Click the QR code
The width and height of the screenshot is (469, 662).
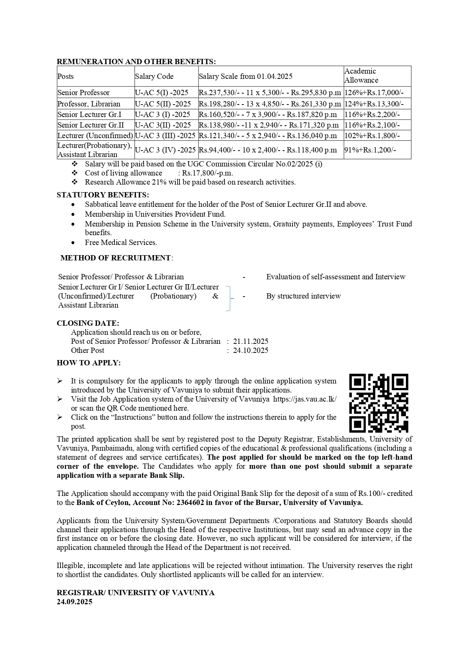tap(379, 403)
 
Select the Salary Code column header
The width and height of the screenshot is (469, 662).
tap(154, 77)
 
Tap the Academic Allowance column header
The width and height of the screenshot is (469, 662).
tap(361, 76)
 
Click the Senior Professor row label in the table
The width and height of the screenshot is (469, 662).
tap(84, 93)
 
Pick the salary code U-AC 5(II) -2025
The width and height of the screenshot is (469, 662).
tap(163, 104)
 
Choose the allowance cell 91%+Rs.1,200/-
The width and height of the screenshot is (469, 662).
tap(370, 150)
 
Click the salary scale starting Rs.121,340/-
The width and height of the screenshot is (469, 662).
tap(268, 136)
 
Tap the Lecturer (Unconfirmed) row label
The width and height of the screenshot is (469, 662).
tap(95, 136)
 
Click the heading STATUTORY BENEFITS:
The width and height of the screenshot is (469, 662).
tap(103, 195)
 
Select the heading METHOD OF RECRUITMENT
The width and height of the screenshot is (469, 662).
tap(116, 258)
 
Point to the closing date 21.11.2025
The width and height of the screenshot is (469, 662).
tap(251, 342)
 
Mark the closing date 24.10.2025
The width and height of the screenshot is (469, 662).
tap(251, 351)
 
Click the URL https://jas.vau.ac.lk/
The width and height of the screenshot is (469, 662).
tap(305, 399)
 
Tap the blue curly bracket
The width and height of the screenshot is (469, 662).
tap(229, 298)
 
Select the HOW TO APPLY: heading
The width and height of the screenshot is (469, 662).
tap(89, 363)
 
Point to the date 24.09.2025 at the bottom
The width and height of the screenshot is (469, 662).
tap(74, 602)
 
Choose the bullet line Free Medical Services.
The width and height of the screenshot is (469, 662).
tap(121, 243)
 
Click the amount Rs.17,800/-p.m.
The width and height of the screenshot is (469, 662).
tap(207, 173)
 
